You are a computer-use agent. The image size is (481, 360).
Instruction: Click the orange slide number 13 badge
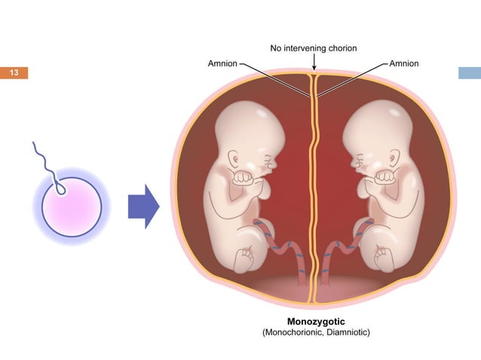click(x=14, y=73)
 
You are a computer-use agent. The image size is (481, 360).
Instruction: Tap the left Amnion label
click(x=222, y=63)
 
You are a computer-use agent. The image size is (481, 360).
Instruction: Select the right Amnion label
click(x=404, y=63)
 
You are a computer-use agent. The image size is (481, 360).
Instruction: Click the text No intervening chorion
click(x=314, y=48)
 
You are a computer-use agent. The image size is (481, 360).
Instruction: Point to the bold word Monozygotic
click(x=316, y=322)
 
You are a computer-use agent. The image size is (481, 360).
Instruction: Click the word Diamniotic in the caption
click(x=348, y=332)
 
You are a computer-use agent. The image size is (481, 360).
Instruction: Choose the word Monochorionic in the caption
click(x=294, y=332)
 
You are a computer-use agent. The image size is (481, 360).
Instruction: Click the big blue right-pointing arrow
click(x=143, y=206)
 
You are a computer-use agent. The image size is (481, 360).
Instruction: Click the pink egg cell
click(x=72, y=207)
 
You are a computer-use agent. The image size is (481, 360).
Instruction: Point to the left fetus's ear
click(x=234, y=159)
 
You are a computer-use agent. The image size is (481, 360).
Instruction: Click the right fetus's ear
click(x=394, y=158)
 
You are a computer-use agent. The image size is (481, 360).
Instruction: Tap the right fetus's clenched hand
click(x=384, y=177)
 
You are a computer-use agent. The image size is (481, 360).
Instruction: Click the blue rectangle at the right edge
click(x=470, y=73)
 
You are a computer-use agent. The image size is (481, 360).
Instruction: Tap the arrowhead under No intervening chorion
click(x=314, y=67)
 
